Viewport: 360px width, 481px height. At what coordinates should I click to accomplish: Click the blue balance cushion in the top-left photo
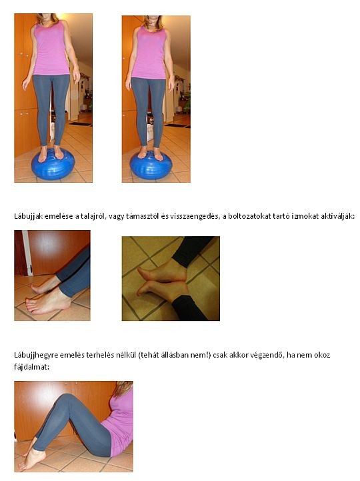(x=53, y=165)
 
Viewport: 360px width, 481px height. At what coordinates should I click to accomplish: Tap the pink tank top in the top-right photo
(x=150, y=53)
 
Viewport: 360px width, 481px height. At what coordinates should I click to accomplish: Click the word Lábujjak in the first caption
(x=28, y=217)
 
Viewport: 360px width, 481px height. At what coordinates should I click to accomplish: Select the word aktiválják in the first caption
(x=338, y=216)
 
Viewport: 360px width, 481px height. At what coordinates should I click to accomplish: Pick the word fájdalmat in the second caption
(x=31, y=367)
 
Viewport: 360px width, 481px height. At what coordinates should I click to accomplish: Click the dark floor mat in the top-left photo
(x=81, y=124)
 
